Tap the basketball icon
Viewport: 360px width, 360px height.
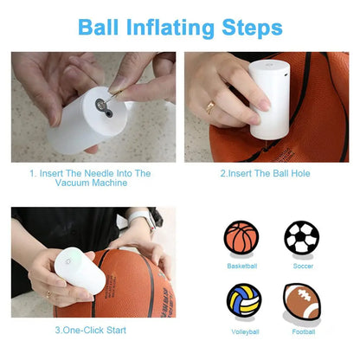click(241, 237)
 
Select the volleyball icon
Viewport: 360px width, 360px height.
click(243, 301)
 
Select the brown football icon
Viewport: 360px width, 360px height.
click(302, 303)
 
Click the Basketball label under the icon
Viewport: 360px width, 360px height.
click(241, 266)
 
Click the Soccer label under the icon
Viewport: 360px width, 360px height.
click(301, 266)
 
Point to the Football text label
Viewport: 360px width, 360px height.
click(302, 331)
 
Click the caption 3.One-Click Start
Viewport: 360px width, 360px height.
click(93, 330)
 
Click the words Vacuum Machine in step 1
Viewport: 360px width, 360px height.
click(93, 184)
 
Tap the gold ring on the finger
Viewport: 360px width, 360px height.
click(209, 107)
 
